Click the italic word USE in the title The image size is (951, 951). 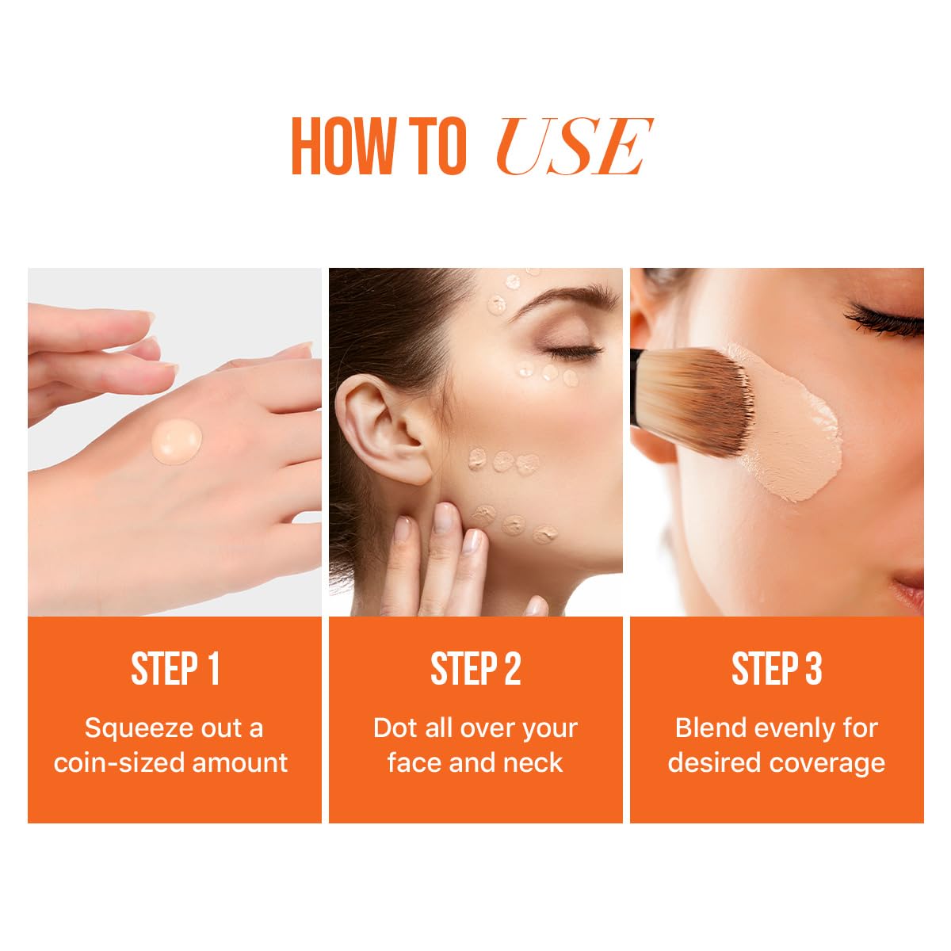click(573, 147)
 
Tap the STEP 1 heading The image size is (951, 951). click(174, 669)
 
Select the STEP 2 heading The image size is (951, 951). click(475, 669)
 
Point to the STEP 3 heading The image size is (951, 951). click(777, 669)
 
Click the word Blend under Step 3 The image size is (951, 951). click(710, 728)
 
